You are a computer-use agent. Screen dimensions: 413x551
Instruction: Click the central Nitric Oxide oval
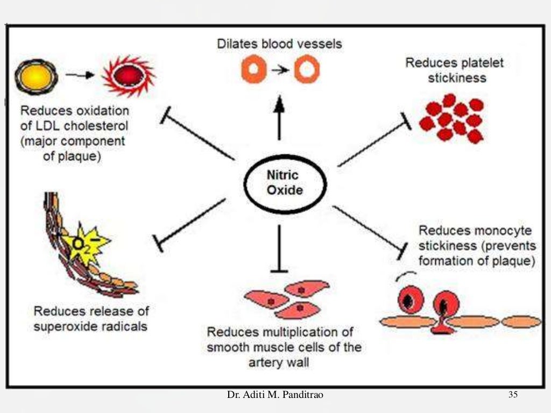(x=285, y=182)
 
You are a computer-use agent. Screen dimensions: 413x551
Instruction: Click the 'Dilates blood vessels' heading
(x=279, y=44)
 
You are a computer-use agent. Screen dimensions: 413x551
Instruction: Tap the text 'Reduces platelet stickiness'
(x=454, y=70)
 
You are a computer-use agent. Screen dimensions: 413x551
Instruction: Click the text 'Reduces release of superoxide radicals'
(x=91, y=318)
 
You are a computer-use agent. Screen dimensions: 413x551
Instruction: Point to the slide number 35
(x=512, y=395)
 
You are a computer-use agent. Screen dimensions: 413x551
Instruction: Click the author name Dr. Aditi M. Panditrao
(x=275, y=395)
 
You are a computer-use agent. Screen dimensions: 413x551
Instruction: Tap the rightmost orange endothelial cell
(x=521, y=322)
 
